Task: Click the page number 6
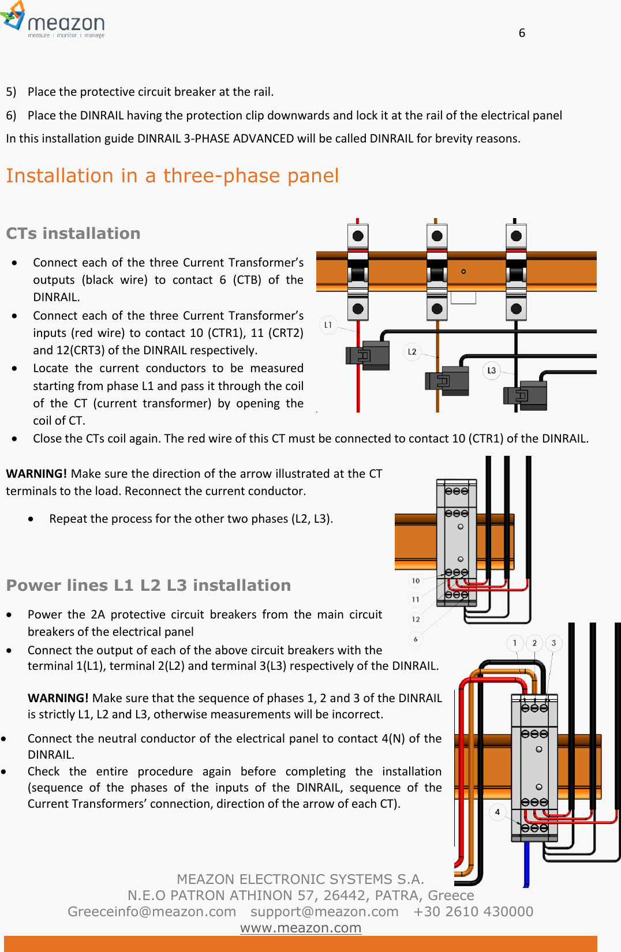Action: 522,33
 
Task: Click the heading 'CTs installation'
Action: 73,233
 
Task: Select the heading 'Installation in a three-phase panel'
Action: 172,175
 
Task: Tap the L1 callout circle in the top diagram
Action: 328,325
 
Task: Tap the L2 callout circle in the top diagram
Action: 412,351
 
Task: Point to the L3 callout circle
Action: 491,370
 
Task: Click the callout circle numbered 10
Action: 416,580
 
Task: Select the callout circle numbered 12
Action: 416,619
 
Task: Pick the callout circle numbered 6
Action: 416,639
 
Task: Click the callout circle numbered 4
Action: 497,812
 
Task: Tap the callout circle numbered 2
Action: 534,643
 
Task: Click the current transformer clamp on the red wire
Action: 368,355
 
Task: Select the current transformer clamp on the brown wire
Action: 447,380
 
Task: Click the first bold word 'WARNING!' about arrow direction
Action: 36,474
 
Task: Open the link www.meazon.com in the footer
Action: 300,928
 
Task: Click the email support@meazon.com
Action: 324,912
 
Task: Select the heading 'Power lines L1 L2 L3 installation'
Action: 148,585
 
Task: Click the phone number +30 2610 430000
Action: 473,912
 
